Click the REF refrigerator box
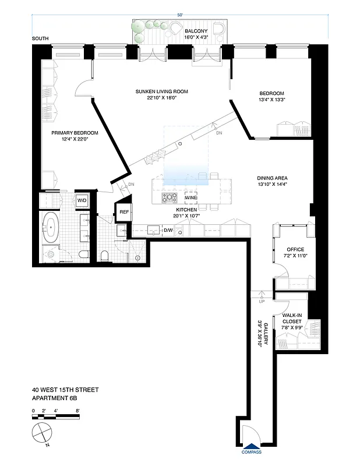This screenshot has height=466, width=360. click(124, 212)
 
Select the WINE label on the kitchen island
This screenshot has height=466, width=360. click(191, 198)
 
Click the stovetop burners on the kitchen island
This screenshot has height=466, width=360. click(170, 197)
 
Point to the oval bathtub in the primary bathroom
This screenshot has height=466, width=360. click(50, 227)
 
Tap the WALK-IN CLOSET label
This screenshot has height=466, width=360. click(291, 318)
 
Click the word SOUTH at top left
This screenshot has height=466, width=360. click(41, 39)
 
